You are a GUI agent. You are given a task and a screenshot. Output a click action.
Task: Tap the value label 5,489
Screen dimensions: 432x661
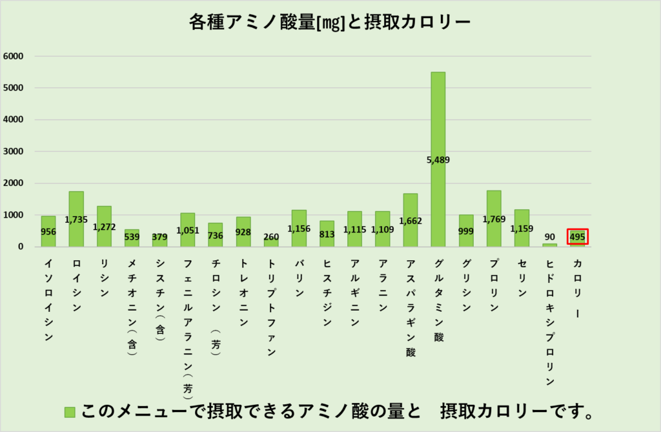click(438, 159)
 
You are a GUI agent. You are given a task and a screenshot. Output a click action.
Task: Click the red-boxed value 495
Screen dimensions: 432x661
click(577, 236)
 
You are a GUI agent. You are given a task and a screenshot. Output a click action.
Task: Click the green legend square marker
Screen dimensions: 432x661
click(70, 411)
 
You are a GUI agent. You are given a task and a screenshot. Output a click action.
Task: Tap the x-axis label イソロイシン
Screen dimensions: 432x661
click(48, 300)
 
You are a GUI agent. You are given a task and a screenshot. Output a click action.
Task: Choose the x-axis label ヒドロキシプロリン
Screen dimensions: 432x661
click(549, 323)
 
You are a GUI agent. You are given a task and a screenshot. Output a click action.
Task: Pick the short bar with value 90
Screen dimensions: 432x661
click(549, 245)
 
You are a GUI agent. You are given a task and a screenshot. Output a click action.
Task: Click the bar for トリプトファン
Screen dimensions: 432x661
click(271, 242)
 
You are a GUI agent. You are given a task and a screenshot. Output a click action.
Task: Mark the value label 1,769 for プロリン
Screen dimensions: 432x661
click(494, 219)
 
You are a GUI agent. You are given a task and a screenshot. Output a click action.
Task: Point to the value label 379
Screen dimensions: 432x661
click(160, 236)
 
